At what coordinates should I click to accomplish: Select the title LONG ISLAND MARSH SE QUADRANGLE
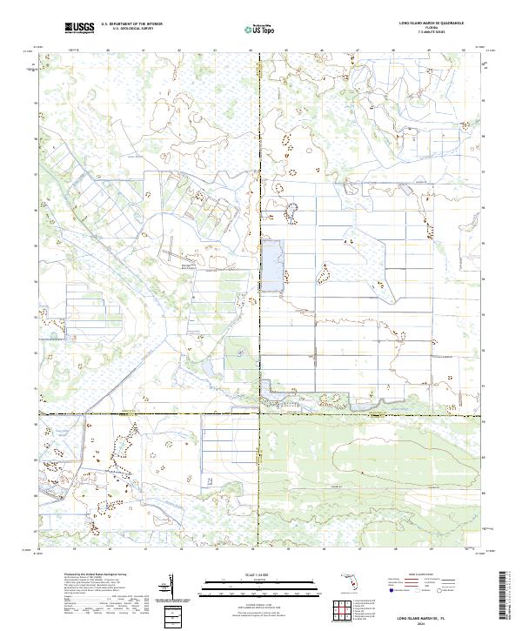click(432, 23)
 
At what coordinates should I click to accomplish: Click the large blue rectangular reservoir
click(273, 264)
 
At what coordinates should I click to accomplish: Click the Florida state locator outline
click(351, 581)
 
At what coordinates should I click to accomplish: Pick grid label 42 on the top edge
click(178, 50)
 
